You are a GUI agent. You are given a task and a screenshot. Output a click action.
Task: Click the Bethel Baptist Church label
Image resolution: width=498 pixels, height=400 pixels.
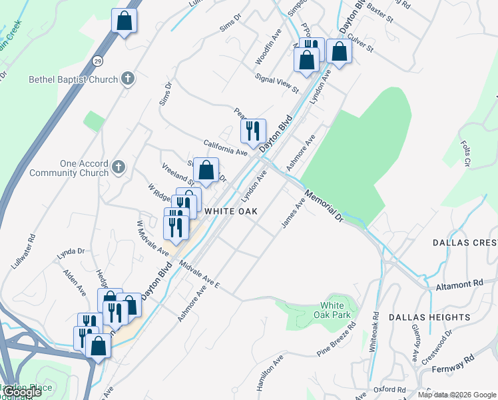coord(73,79)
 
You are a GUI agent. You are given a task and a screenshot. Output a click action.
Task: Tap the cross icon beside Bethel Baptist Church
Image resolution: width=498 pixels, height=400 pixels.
coord(128,79)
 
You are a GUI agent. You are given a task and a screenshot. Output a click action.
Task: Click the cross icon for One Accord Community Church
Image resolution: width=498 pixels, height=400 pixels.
coord(119,167)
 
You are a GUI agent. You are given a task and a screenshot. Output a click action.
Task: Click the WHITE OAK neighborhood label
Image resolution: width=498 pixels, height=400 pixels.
coord(230,211)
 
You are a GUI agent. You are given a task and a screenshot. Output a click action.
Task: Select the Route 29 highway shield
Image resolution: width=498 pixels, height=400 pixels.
coord(97,61)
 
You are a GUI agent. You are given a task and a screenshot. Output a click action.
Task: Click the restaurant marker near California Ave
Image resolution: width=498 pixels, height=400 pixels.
coord(252,131)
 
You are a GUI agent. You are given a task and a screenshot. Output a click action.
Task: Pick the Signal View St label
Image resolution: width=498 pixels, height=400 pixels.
coord(277,83)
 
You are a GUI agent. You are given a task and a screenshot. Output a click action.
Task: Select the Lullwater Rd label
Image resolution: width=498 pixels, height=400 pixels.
coord(23,251)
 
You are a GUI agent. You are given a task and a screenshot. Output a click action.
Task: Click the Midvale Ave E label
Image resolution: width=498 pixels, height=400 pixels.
coord(199,273)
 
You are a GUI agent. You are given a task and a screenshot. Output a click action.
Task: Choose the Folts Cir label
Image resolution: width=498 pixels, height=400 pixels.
coord(467,153)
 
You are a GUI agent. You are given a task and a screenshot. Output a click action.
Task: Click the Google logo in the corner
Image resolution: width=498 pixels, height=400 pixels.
coord(22,392)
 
